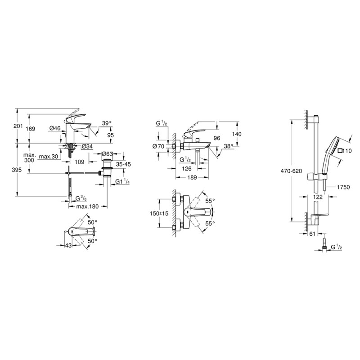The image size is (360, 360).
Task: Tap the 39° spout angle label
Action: [107, 123]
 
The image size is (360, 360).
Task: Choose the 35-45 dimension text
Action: [123, 165]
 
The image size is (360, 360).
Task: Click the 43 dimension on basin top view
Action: [69, 245]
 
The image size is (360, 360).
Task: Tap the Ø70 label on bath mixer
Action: [158, 146]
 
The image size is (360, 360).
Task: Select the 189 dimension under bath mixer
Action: [192, 178]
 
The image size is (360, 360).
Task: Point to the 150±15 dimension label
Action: [160, 213]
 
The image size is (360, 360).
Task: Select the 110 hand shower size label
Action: [346, 151]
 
